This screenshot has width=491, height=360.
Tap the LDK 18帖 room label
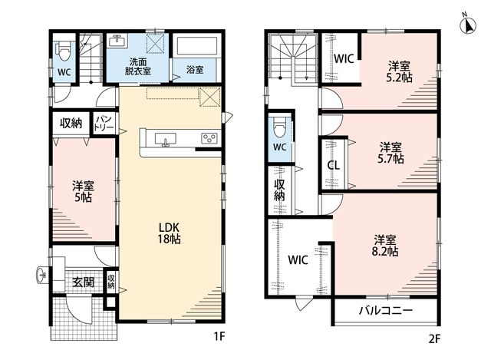click(x=169, y=233)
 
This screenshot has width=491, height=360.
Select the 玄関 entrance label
click(x=84, y=282)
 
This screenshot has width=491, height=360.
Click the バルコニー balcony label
click(x=386, y=311)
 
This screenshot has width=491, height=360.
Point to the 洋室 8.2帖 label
click(x=385, y=246)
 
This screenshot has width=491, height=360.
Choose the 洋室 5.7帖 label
click(x=390, y=153)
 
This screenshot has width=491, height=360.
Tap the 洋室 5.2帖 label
click(x=399, y=71)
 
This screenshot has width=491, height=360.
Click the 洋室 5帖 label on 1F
click(x=84, y=191)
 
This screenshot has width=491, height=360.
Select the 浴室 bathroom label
click(x=195, y=70)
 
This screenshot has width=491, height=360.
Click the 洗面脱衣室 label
click(x=138, y=66)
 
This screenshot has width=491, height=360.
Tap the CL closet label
click(x=333, y=165)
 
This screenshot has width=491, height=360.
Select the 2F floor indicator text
click(x=434, y=339)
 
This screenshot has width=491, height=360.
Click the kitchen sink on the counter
click(x=166, y=140)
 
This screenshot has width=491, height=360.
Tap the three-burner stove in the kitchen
click(x=209, y=138)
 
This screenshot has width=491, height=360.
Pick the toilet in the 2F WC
click(x=279, y=127)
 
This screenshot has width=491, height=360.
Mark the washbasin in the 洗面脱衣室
click(x=118, y=41)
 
